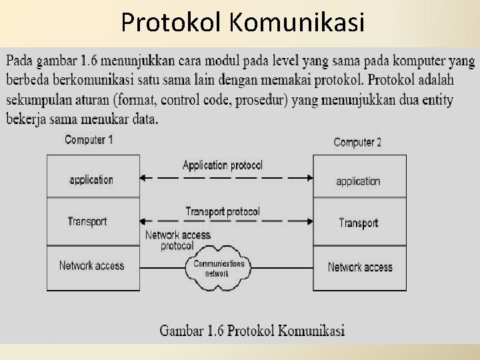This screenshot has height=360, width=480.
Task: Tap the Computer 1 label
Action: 89,140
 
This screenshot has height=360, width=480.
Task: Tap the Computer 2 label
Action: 357,142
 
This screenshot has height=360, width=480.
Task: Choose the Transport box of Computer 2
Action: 359,223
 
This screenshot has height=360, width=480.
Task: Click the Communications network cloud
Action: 218,268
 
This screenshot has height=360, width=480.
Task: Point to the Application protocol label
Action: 223,165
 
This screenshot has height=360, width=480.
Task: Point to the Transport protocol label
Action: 223,211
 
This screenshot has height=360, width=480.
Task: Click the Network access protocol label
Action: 177,240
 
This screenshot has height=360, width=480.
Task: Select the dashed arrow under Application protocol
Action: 225,178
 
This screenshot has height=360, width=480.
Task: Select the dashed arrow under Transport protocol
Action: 225,221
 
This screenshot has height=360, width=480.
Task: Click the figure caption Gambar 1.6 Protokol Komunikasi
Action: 252,330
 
